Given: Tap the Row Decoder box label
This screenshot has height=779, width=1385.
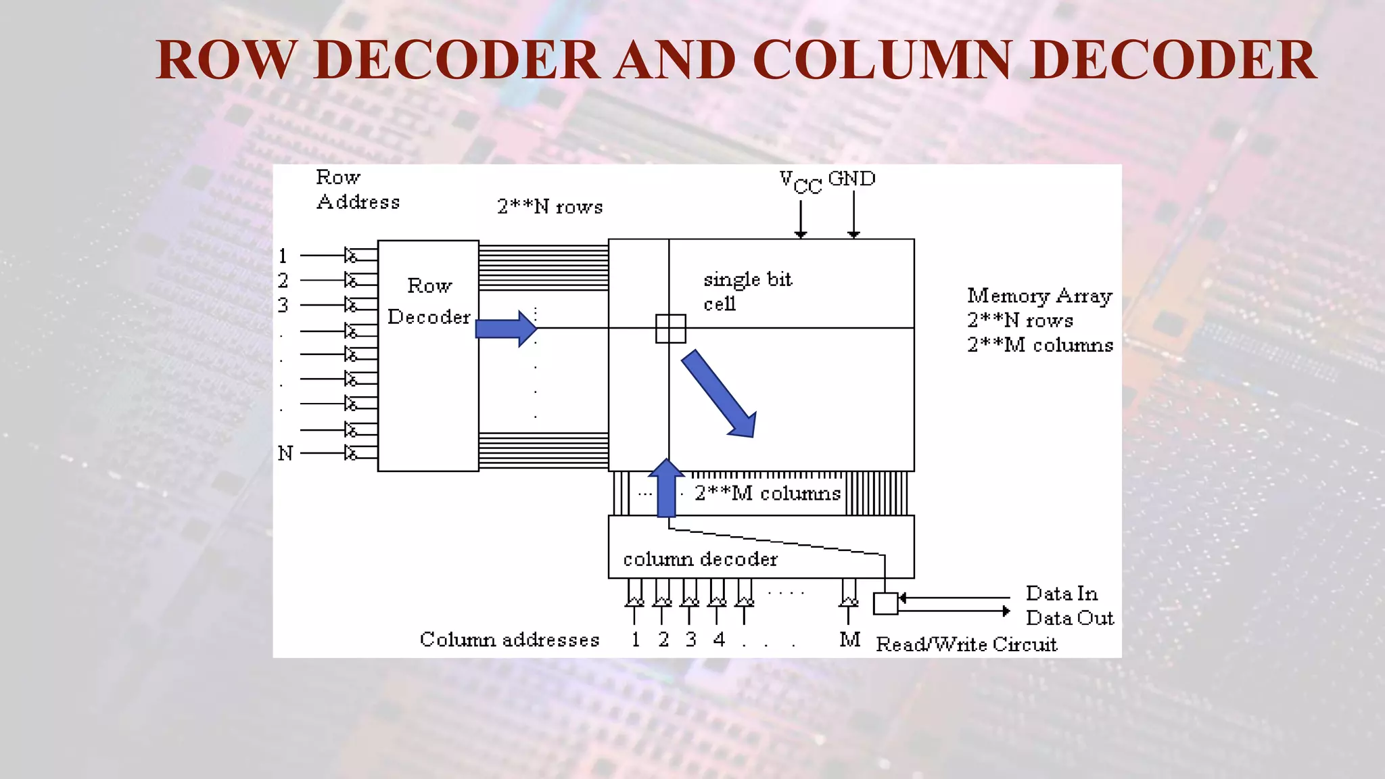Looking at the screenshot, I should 429,302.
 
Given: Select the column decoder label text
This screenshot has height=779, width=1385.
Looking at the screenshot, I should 700,559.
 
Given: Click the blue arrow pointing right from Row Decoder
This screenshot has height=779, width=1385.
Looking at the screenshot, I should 506,329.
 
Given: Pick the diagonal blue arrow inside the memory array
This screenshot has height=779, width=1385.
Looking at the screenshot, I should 719,394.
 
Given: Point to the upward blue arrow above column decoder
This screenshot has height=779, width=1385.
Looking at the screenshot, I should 667,488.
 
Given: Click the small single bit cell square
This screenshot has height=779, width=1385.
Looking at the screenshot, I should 671,329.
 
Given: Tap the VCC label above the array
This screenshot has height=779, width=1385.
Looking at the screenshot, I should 800,182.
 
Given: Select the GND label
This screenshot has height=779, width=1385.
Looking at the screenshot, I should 851,179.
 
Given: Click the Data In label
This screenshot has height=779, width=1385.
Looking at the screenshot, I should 1061,594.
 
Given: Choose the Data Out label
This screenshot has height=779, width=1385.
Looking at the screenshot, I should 1069,618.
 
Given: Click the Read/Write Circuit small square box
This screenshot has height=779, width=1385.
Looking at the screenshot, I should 885,603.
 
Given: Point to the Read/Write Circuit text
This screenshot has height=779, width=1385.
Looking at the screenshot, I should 966,644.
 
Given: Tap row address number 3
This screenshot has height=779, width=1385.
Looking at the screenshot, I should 283,305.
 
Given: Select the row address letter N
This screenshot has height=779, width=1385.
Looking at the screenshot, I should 285,453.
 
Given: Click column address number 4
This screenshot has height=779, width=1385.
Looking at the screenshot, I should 719,639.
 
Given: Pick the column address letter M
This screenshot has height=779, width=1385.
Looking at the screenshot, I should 849,639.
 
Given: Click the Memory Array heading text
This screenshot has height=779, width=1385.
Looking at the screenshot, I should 1039,296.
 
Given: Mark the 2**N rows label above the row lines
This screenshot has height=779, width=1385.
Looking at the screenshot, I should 550,207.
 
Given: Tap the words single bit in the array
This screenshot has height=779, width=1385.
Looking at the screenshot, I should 747,279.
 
